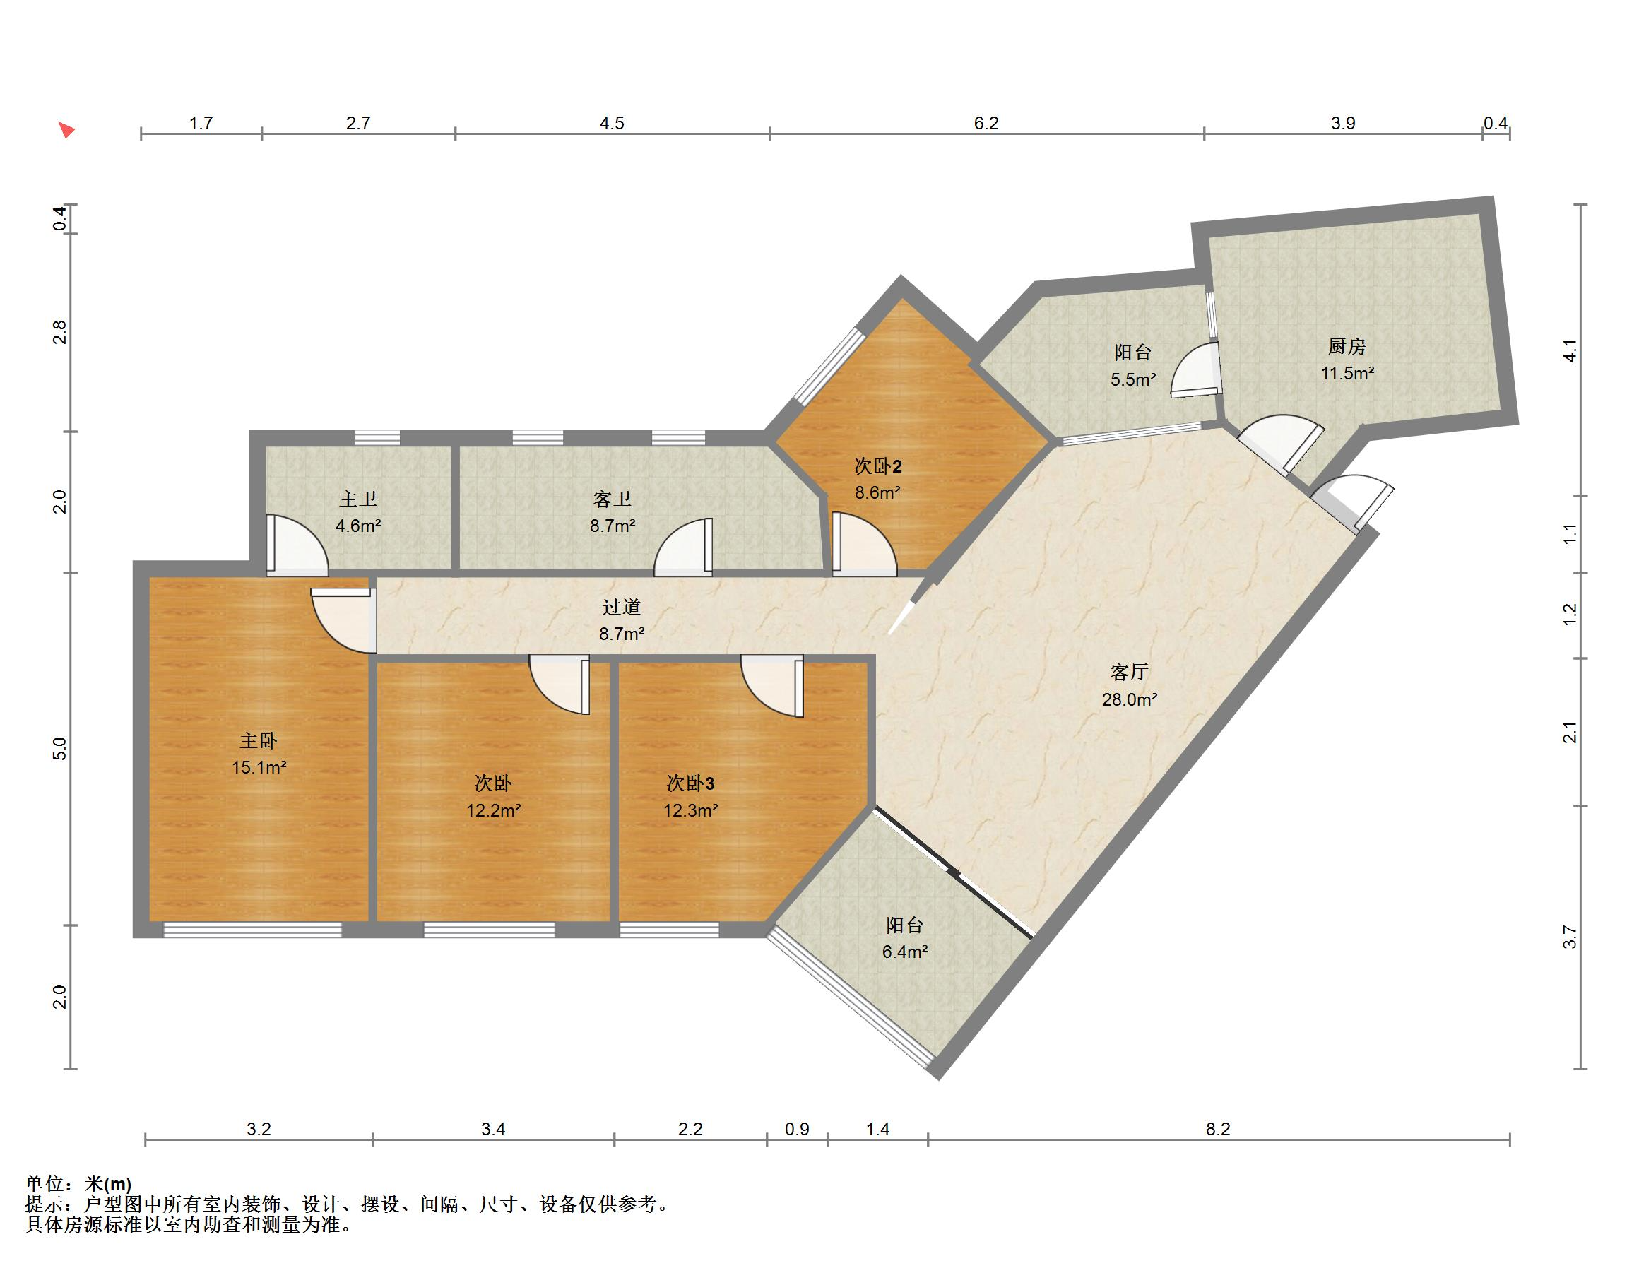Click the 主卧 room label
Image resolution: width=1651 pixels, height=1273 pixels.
coord(259,741)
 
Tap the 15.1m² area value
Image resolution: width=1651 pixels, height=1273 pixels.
coord(259,767)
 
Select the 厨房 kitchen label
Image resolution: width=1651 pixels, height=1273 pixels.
coord(1347,346)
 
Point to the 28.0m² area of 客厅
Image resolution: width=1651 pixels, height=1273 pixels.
coord(1130,699)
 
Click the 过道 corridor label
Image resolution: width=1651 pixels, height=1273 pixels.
coord(622,606)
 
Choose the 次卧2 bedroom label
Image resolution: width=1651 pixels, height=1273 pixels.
coord(877,466)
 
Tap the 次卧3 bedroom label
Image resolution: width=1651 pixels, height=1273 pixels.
coord(690,783)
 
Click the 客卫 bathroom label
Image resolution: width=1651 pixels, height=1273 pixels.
coord(613,499)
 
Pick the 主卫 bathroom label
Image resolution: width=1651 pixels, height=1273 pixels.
coord(358,499)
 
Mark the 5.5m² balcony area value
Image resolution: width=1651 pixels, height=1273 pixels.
coord(1132,379)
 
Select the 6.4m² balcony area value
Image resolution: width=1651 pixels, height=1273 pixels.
coord(905,951)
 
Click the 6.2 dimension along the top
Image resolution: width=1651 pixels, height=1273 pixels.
coord(986,123)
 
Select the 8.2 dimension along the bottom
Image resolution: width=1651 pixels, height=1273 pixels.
coord(1218,1130)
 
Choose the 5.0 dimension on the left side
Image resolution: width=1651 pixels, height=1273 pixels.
coord(61,749)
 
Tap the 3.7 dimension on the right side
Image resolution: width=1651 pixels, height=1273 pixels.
coord(1570,937)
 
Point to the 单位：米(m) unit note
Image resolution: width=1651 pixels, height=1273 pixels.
coord(78,1183)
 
